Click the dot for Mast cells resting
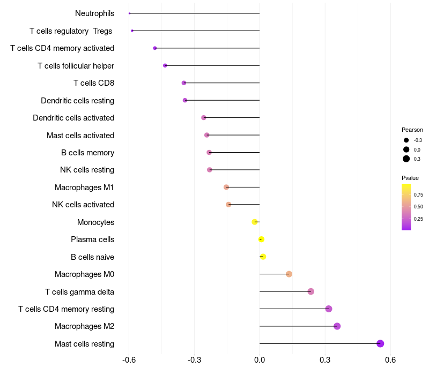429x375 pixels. coord(380,344)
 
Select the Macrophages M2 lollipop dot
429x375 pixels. coord(337,326)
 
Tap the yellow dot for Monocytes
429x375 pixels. coord(255,222)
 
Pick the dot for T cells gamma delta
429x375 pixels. coord(310,291)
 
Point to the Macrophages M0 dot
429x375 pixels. coord(289,274)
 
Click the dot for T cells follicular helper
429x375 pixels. coord(165,65)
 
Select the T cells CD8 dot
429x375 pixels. coord(184,83)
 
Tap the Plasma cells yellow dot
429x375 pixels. coord(262,239)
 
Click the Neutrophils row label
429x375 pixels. coord(94,13)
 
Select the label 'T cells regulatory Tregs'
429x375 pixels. coord(71,31)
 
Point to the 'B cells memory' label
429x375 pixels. coord(87,153)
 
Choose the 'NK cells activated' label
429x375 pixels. coord(83,205)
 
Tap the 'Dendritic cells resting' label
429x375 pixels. coord(77,101)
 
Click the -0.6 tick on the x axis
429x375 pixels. coord(129,359)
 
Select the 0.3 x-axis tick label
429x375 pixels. coord(325,359)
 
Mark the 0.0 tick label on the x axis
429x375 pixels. coord(260,359)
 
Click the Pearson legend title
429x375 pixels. coord(412,130)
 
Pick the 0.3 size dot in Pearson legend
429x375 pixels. coord(406,159)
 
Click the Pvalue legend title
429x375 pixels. coord(410,178)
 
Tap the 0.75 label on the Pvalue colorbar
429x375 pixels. coord(418,195)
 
